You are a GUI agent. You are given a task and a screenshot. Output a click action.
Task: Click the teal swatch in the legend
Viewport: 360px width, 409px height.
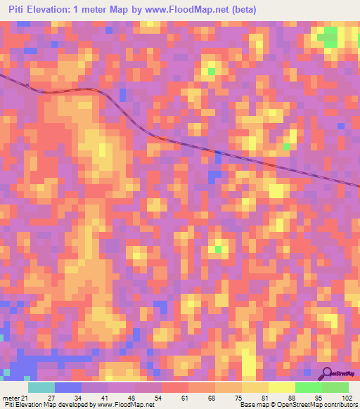[x=41, y=387]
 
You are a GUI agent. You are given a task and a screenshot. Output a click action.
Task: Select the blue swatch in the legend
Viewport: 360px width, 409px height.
[x=68, y=387]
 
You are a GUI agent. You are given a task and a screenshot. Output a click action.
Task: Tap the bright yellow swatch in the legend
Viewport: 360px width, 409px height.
[x=282, y=387]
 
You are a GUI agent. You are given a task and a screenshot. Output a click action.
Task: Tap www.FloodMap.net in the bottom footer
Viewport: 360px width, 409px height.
[x=126, y=405]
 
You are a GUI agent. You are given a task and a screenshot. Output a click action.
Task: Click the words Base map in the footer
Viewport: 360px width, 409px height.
[x=250, y=405]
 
